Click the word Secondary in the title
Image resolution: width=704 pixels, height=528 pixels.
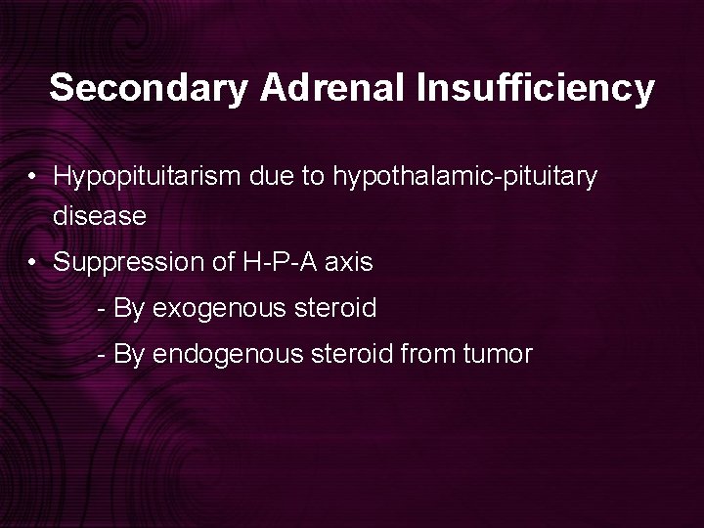point(151,89)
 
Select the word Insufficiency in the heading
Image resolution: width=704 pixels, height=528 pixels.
point(535,89)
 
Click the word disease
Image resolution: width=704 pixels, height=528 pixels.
point(100,216)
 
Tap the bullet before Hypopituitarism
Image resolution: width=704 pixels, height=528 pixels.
point(33,178)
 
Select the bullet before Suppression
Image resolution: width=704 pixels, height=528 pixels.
point(33,263)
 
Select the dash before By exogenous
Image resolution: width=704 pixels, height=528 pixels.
point(103,310)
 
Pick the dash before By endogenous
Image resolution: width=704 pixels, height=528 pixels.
point(103,355)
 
